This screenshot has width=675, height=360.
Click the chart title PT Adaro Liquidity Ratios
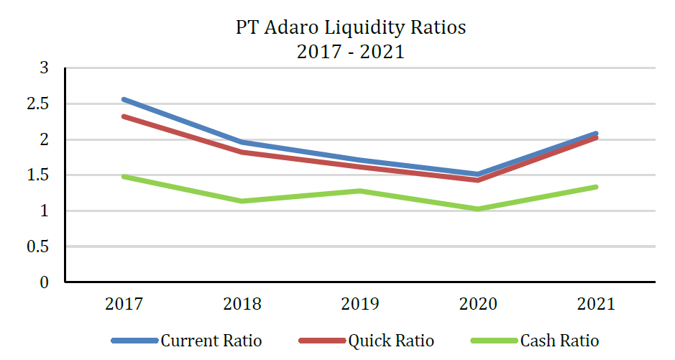(351, 28)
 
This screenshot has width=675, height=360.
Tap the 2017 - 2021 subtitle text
(351, 52)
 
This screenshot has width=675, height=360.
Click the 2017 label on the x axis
(124, 304)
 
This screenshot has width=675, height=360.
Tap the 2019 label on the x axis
(360, 304)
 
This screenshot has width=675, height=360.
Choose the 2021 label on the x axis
(596, 304)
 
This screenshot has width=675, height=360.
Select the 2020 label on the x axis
(478, 304)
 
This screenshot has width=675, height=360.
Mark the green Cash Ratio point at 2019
(360, 191)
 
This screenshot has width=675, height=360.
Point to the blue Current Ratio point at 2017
(124, 99)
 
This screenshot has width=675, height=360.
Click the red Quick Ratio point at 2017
(124, 116)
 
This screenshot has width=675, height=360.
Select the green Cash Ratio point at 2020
(478, 209)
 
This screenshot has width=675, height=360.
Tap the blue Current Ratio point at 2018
(242, 142)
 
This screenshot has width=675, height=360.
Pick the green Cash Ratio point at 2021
(596, 187)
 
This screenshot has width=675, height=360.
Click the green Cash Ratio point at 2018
(242, 201)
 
